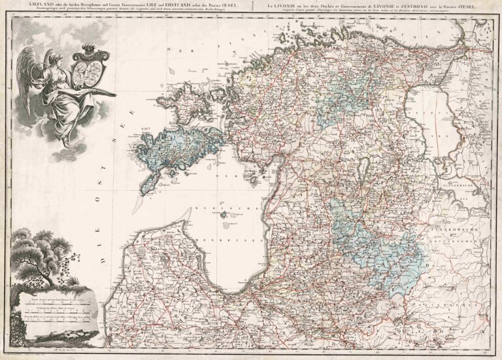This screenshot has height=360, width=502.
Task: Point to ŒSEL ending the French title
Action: tap(467, 7)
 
